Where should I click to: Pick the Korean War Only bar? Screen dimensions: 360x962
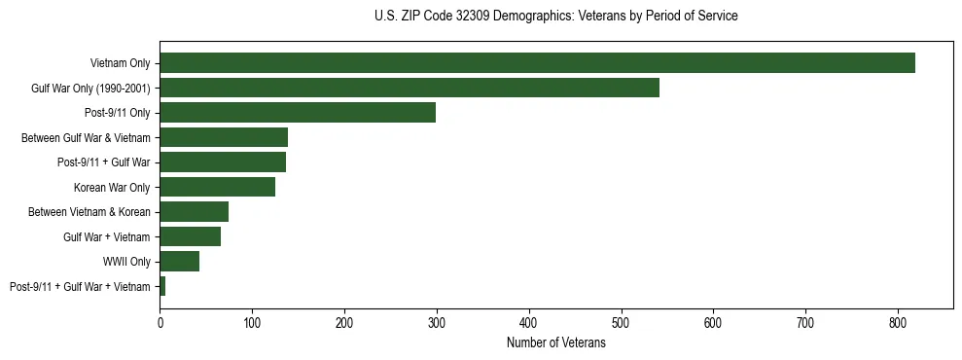click(x=218, y=187)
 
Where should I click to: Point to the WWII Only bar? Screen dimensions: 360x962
click(x=180, y=261)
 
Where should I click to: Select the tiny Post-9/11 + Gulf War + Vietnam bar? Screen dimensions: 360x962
click(x=162, y=286)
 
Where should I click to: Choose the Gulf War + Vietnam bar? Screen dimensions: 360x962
click(x=191, y=236)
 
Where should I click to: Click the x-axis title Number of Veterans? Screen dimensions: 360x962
click(x=555, y=343)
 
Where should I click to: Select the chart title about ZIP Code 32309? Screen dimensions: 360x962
click(x=555, y=17)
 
